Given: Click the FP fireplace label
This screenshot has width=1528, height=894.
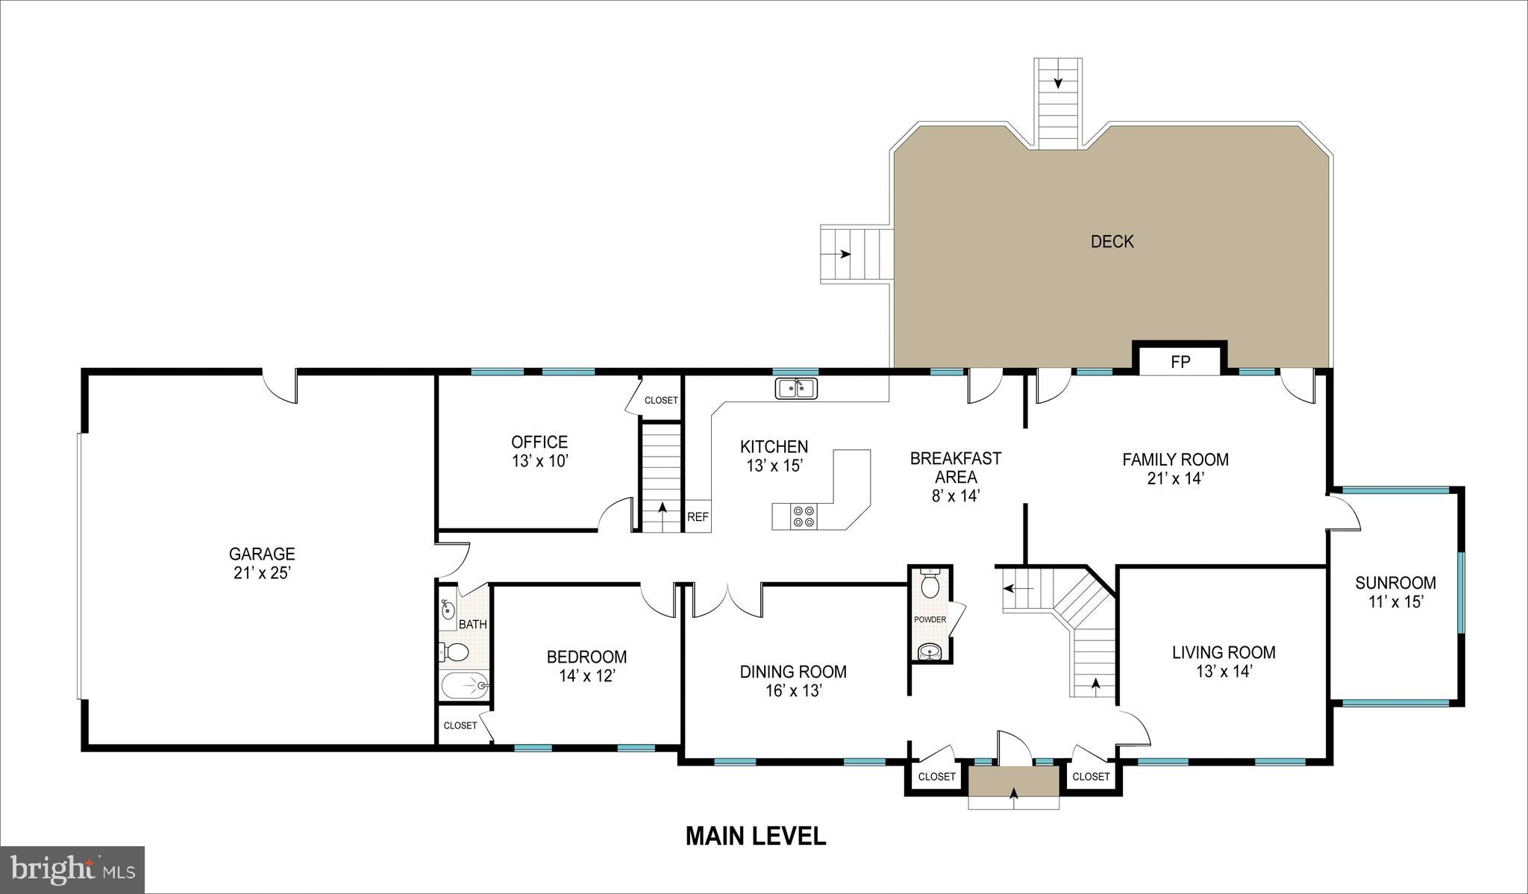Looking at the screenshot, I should pos(1180,363).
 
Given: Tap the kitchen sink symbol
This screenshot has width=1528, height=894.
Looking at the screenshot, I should pos(797,389).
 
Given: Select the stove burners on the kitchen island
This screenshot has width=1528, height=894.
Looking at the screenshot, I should pos(804,516).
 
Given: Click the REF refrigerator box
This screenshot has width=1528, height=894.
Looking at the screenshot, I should pos(698,516).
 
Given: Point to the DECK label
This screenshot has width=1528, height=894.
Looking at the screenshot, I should pos(1112,241).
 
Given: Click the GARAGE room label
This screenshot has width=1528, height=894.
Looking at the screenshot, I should pos(262,554).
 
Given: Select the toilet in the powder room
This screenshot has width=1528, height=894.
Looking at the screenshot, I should pos(930,585).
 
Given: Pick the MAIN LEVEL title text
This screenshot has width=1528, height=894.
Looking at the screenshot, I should pos(755,836).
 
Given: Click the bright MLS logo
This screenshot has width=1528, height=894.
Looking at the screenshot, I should pos(72,869).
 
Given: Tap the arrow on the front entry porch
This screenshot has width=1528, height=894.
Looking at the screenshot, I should pos(1013,798).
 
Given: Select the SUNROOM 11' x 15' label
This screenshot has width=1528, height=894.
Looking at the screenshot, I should pos(1395,592).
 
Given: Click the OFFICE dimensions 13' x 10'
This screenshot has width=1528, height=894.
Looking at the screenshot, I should pos(540,461).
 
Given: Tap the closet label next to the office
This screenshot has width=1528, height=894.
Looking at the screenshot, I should pos(661,401).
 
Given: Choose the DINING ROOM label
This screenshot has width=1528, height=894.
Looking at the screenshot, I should pos(793,672).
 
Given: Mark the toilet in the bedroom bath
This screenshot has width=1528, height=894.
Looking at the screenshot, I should pos(454,653).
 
